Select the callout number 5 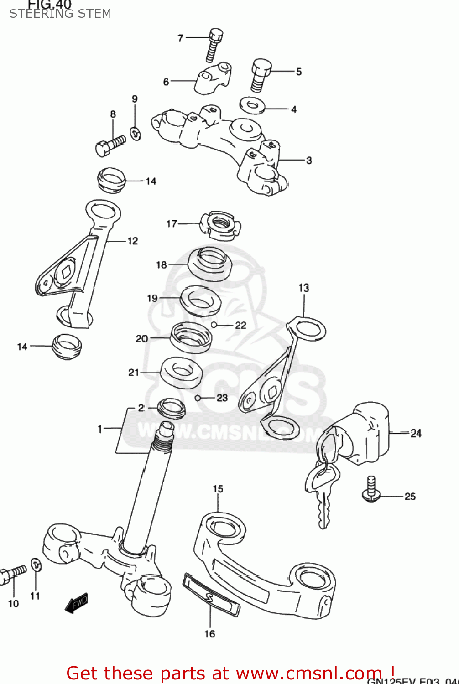pyautogui.click(x=299, y=72)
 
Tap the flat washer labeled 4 pyautogui.click(x=252, y=106)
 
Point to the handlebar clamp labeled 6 pyautogui.click(x=213, y=78)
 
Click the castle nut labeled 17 pyautogui.click(x=220, y=225)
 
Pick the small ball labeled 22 pyautogui.click(x=214, y=325)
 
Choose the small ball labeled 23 pyautogui.click(x=198, y=398)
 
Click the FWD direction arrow pyautogui.click(x=76, y=603)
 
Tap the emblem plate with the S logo pyautogui.click(x=211, y=595)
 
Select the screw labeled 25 pyautogui.click(x=371, y=490)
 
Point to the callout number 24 pyautogui.click(x=416, y=433)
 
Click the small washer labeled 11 pyautogui.click(x=36, y=565)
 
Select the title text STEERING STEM pyautogui.click(x=60, y=14)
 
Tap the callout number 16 pyautogui.click(x=209, y=634)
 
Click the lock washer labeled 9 pyautogui.click(x=136, y=133)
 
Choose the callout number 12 pyautogui.click(x=133, y=241)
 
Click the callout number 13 pyautogui.click(x=304, y=288)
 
